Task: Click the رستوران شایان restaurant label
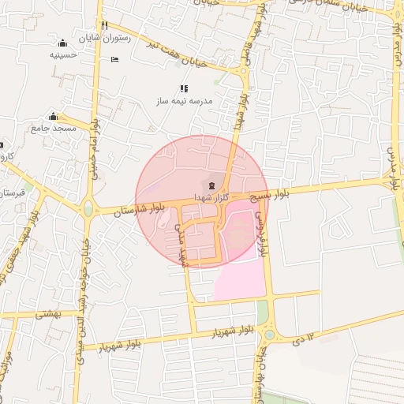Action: [103, 37]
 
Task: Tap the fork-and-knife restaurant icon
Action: [103, 24]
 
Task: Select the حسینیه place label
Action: [63, 55]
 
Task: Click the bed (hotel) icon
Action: [114, 59]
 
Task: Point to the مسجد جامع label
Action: [54, 128]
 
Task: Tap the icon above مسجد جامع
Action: [54, 116]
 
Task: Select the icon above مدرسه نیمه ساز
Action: [185, 88]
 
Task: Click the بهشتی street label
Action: [48, 314]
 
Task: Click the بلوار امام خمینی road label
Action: [94, 150]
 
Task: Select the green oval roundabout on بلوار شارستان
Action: [88, 210]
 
